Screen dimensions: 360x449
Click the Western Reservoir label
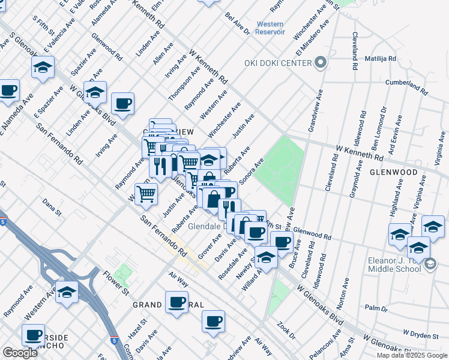pyautogui.click(x=270, y=28)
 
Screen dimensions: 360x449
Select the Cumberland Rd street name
pyautogui.click(x=406, y=88)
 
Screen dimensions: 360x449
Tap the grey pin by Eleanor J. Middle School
pyautogui.click(x=430, y=264)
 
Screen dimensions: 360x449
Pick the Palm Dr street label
pyautogui.click(x=376, y=308)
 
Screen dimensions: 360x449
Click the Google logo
pyautogui.click(x=20, y=353)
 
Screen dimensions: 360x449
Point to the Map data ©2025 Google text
pyautogui.click(x=412, y=355)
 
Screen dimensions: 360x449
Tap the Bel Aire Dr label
pyautogui.click(x=237, y=23)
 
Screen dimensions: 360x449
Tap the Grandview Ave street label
pyautogui.click(x=318, y=111)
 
